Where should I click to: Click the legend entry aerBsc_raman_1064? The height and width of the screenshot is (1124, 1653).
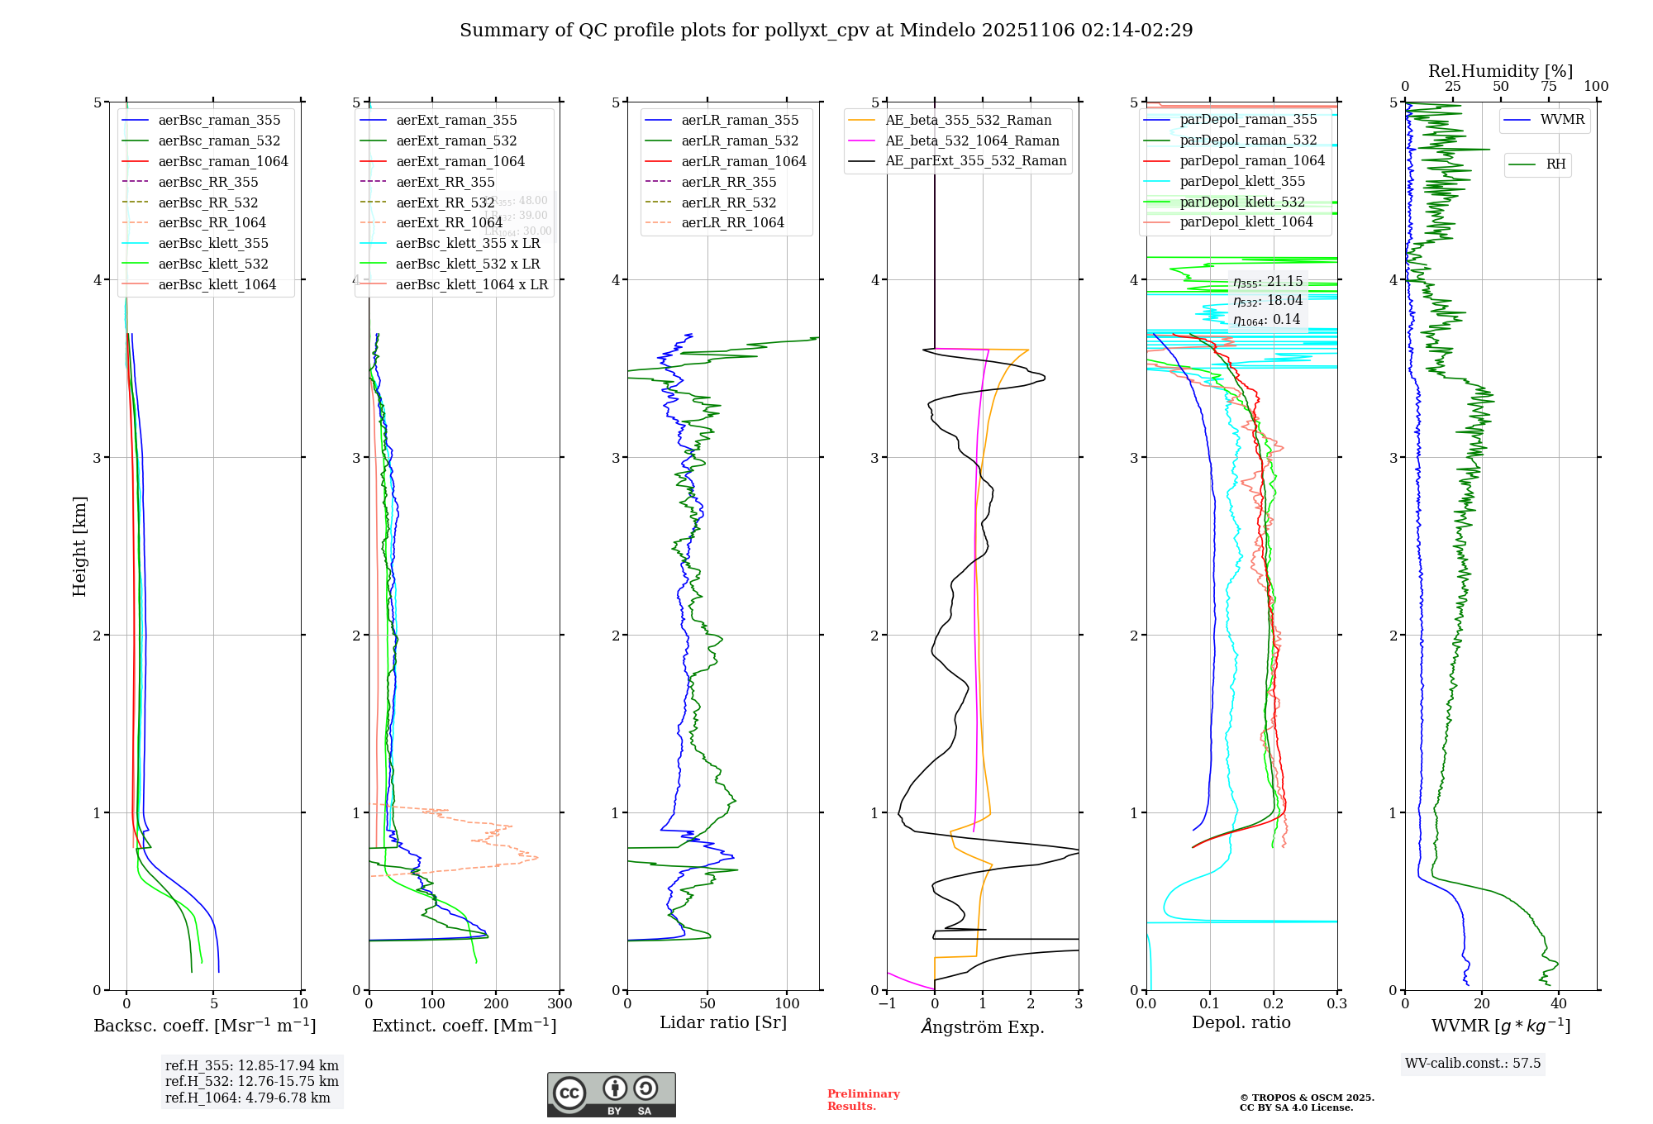click(x=223, y=161)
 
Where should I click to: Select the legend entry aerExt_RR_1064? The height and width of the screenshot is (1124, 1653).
click(x=449, y=222)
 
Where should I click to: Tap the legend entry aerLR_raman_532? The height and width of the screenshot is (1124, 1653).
click(x=740, y=140)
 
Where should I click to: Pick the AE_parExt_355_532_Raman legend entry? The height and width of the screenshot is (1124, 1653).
click(x=975, y=160)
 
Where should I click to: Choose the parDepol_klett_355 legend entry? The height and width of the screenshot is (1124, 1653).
click(x=1242, y=181)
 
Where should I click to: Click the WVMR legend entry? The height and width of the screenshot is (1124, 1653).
click(x=1562, y=120)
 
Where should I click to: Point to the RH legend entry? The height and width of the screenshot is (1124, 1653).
click(x=1555, y=164)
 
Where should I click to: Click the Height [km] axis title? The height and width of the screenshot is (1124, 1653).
click(x=79, y=546)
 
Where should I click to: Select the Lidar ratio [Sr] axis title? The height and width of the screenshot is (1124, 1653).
click(x=723, y=1022)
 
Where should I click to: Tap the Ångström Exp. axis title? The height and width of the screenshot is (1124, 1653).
click(x=983, y=1026)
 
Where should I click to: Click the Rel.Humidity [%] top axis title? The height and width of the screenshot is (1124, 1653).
click(x=1500, y=71)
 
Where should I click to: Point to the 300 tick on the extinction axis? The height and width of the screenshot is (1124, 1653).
click(x=560, y=1004)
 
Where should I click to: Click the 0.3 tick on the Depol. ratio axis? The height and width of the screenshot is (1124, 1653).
click(x=1336, y=1004)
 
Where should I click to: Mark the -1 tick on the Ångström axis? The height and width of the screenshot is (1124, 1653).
click(x=887, y=1004)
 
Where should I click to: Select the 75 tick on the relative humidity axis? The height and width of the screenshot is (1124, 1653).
click(x=1548, y=87)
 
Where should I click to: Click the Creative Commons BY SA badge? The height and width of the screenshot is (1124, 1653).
click(x=611, y=1095)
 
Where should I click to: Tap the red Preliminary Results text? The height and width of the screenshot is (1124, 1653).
click(x=863, y=1100)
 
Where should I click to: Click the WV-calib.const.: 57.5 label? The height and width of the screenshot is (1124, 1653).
click(x=1473, y=1064)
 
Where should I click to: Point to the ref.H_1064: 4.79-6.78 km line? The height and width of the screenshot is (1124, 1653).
click(x=248, y=1098)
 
